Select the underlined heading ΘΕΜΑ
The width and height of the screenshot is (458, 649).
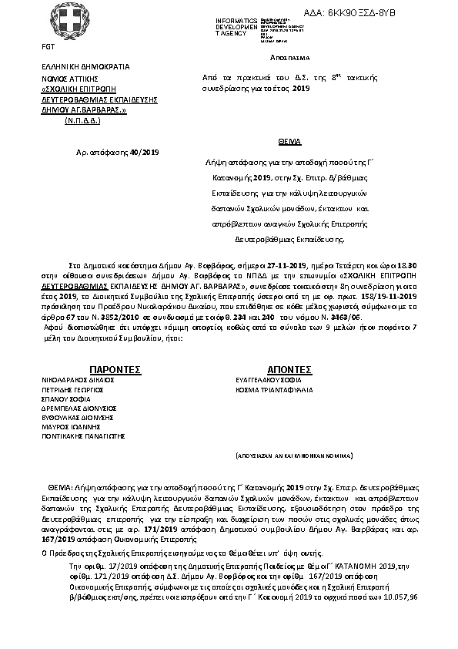tap(289, 142)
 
